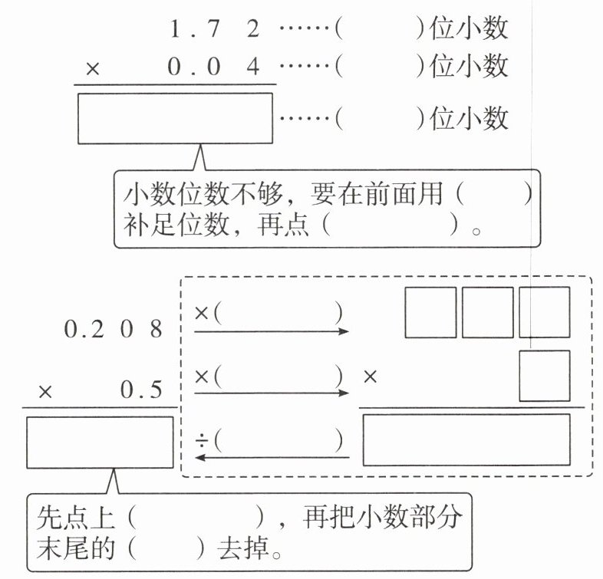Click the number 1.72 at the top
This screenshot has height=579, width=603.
point(214,30)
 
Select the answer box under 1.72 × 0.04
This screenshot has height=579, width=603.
point(175,118)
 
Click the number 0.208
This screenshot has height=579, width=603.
point(114,330)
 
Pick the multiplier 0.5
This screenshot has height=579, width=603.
point(141,390)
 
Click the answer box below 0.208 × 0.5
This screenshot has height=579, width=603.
point(100,442)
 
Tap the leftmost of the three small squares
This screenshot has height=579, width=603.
point(430,312)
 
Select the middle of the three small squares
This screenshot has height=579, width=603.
point(487,312)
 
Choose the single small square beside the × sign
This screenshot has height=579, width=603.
point(544,376)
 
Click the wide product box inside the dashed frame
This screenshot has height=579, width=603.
point(466,439)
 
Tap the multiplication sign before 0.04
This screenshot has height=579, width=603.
point(93,68)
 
